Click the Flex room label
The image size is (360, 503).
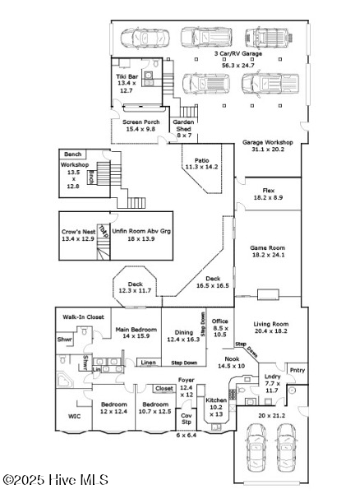coord(268,194)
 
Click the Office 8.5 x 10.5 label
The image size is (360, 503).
coord(219,327)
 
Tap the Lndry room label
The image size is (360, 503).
coord(273,382)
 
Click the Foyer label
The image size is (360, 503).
coord(187,386)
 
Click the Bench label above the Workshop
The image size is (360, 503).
coord(73,154)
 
